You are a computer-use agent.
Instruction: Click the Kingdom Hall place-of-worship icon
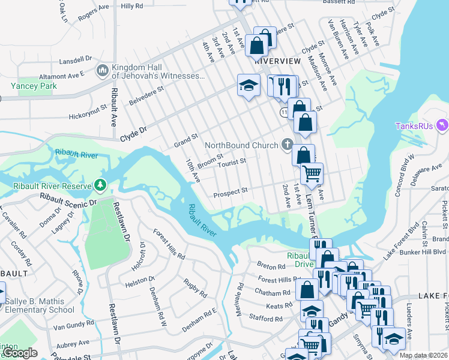[101, 71]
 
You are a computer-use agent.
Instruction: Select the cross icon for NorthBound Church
[288, 145]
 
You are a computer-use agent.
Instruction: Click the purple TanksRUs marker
[443, 125]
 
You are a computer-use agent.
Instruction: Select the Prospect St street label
[231, 192]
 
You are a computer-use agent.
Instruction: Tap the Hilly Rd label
[132, 6]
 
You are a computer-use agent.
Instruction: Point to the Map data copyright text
[423, 355]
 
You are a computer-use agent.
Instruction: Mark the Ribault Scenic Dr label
[67, 200]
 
